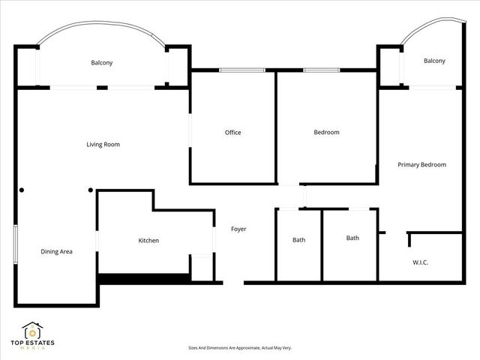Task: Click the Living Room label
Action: [103, 145]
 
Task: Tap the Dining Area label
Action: [56, 252]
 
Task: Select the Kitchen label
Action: [148, 241]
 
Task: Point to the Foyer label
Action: [238, 229]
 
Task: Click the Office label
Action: [233, 133]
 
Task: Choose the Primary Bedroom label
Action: [422, 164]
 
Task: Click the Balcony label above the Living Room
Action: [102, 63]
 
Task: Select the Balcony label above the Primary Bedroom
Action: [434, 61]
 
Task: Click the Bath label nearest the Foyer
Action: [298, 240]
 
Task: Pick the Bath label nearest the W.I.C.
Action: [352, 238]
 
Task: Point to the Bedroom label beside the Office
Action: [326, 133]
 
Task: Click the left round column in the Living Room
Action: [22, 190]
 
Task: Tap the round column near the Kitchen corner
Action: [91, 190]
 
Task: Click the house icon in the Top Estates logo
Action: [32, 330]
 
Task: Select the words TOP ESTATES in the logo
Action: [32, 343]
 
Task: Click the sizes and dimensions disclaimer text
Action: [239, 348]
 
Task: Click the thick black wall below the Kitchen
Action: [142, 277]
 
